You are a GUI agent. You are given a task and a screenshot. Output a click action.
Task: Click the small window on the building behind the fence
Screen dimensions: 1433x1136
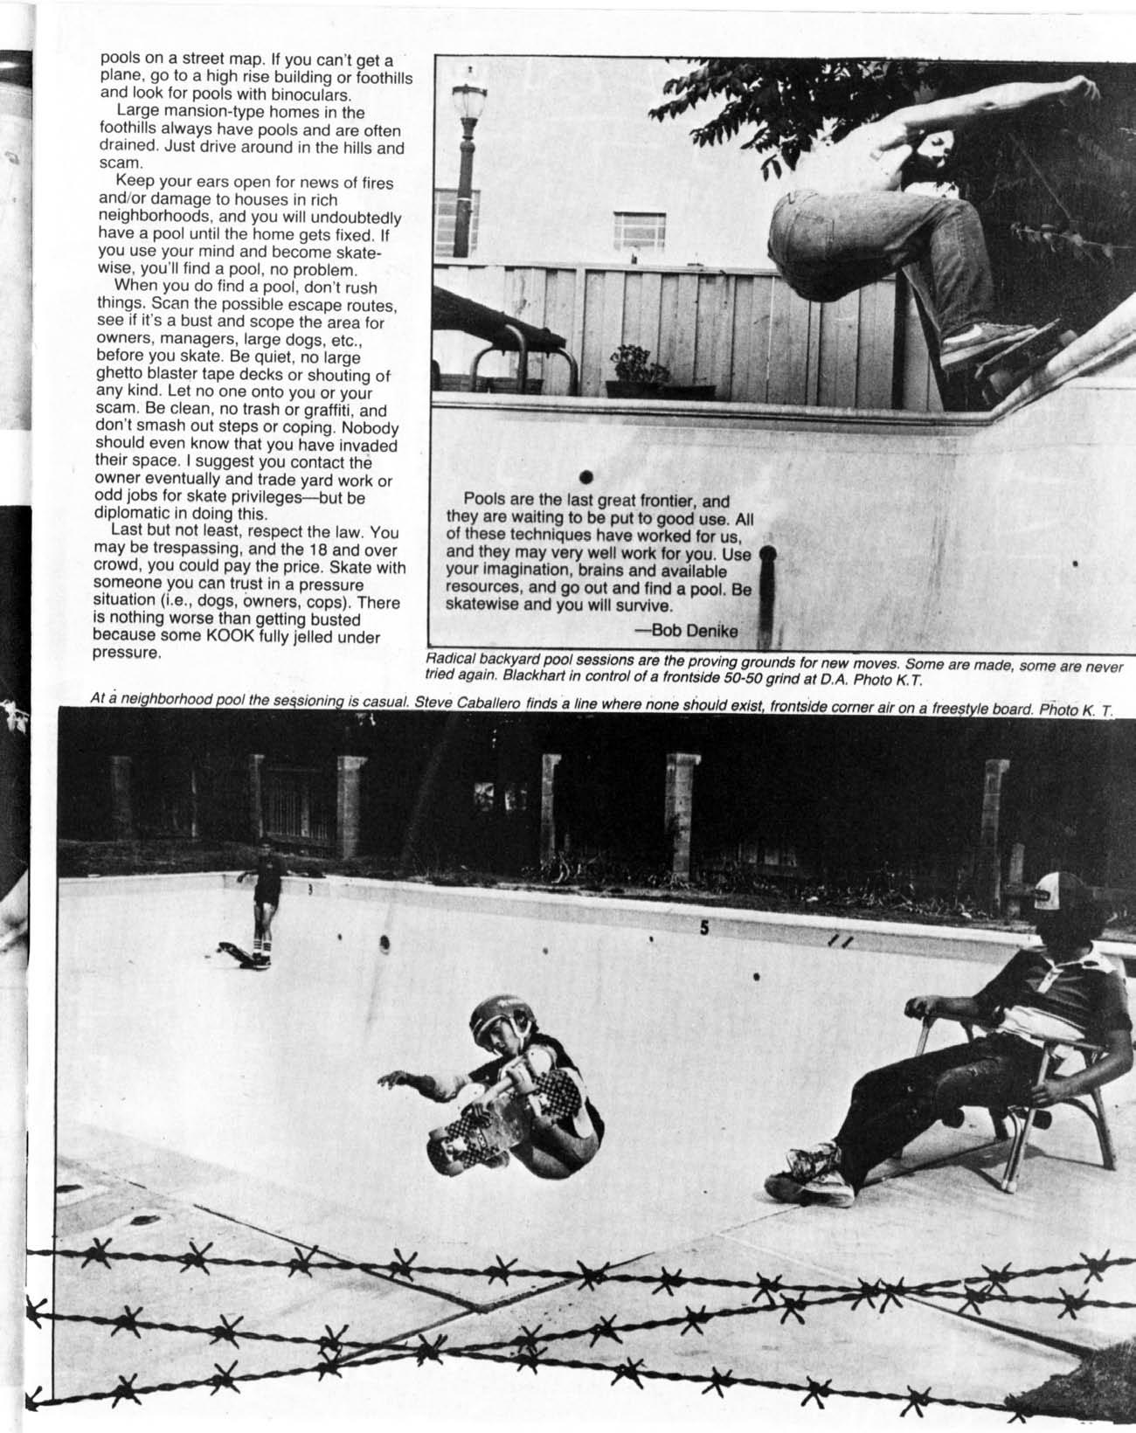pyautogui.click(x=640, y=229)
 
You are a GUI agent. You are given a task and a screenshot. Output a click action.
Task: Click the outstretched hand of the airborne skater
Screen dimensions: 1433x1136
pyautogui.click(x=396, y=1079)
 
